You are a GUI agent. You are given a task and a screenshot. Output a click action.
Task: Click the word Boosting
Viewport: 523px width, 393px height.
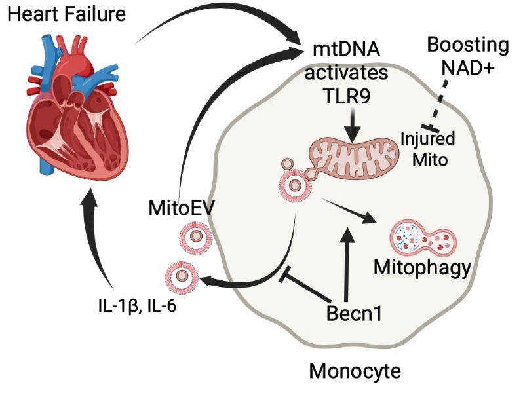pyautogui.click(x=467, y=45)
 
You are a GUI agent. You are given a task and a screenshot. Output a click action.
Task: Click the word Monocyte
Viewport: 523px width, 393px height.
pyautogui.click(x=354, y=371)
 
